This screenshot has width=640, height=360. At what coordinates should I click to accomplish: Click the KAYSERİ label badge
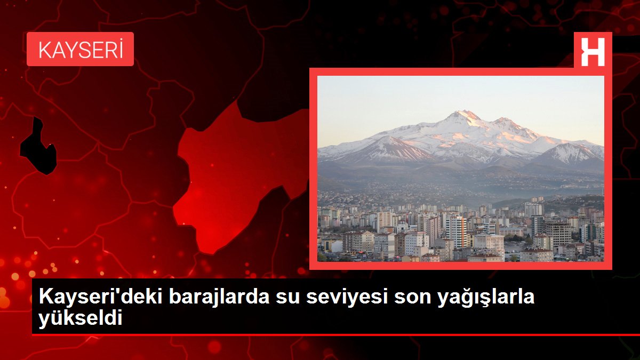80,49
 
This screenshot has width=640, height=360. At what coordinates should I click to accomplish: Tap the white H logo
593,52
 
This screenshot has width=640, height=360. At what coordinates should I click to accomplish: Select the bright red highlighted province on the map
235,176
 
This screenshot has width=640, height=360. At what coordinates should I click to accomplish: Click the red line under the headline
320,334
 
